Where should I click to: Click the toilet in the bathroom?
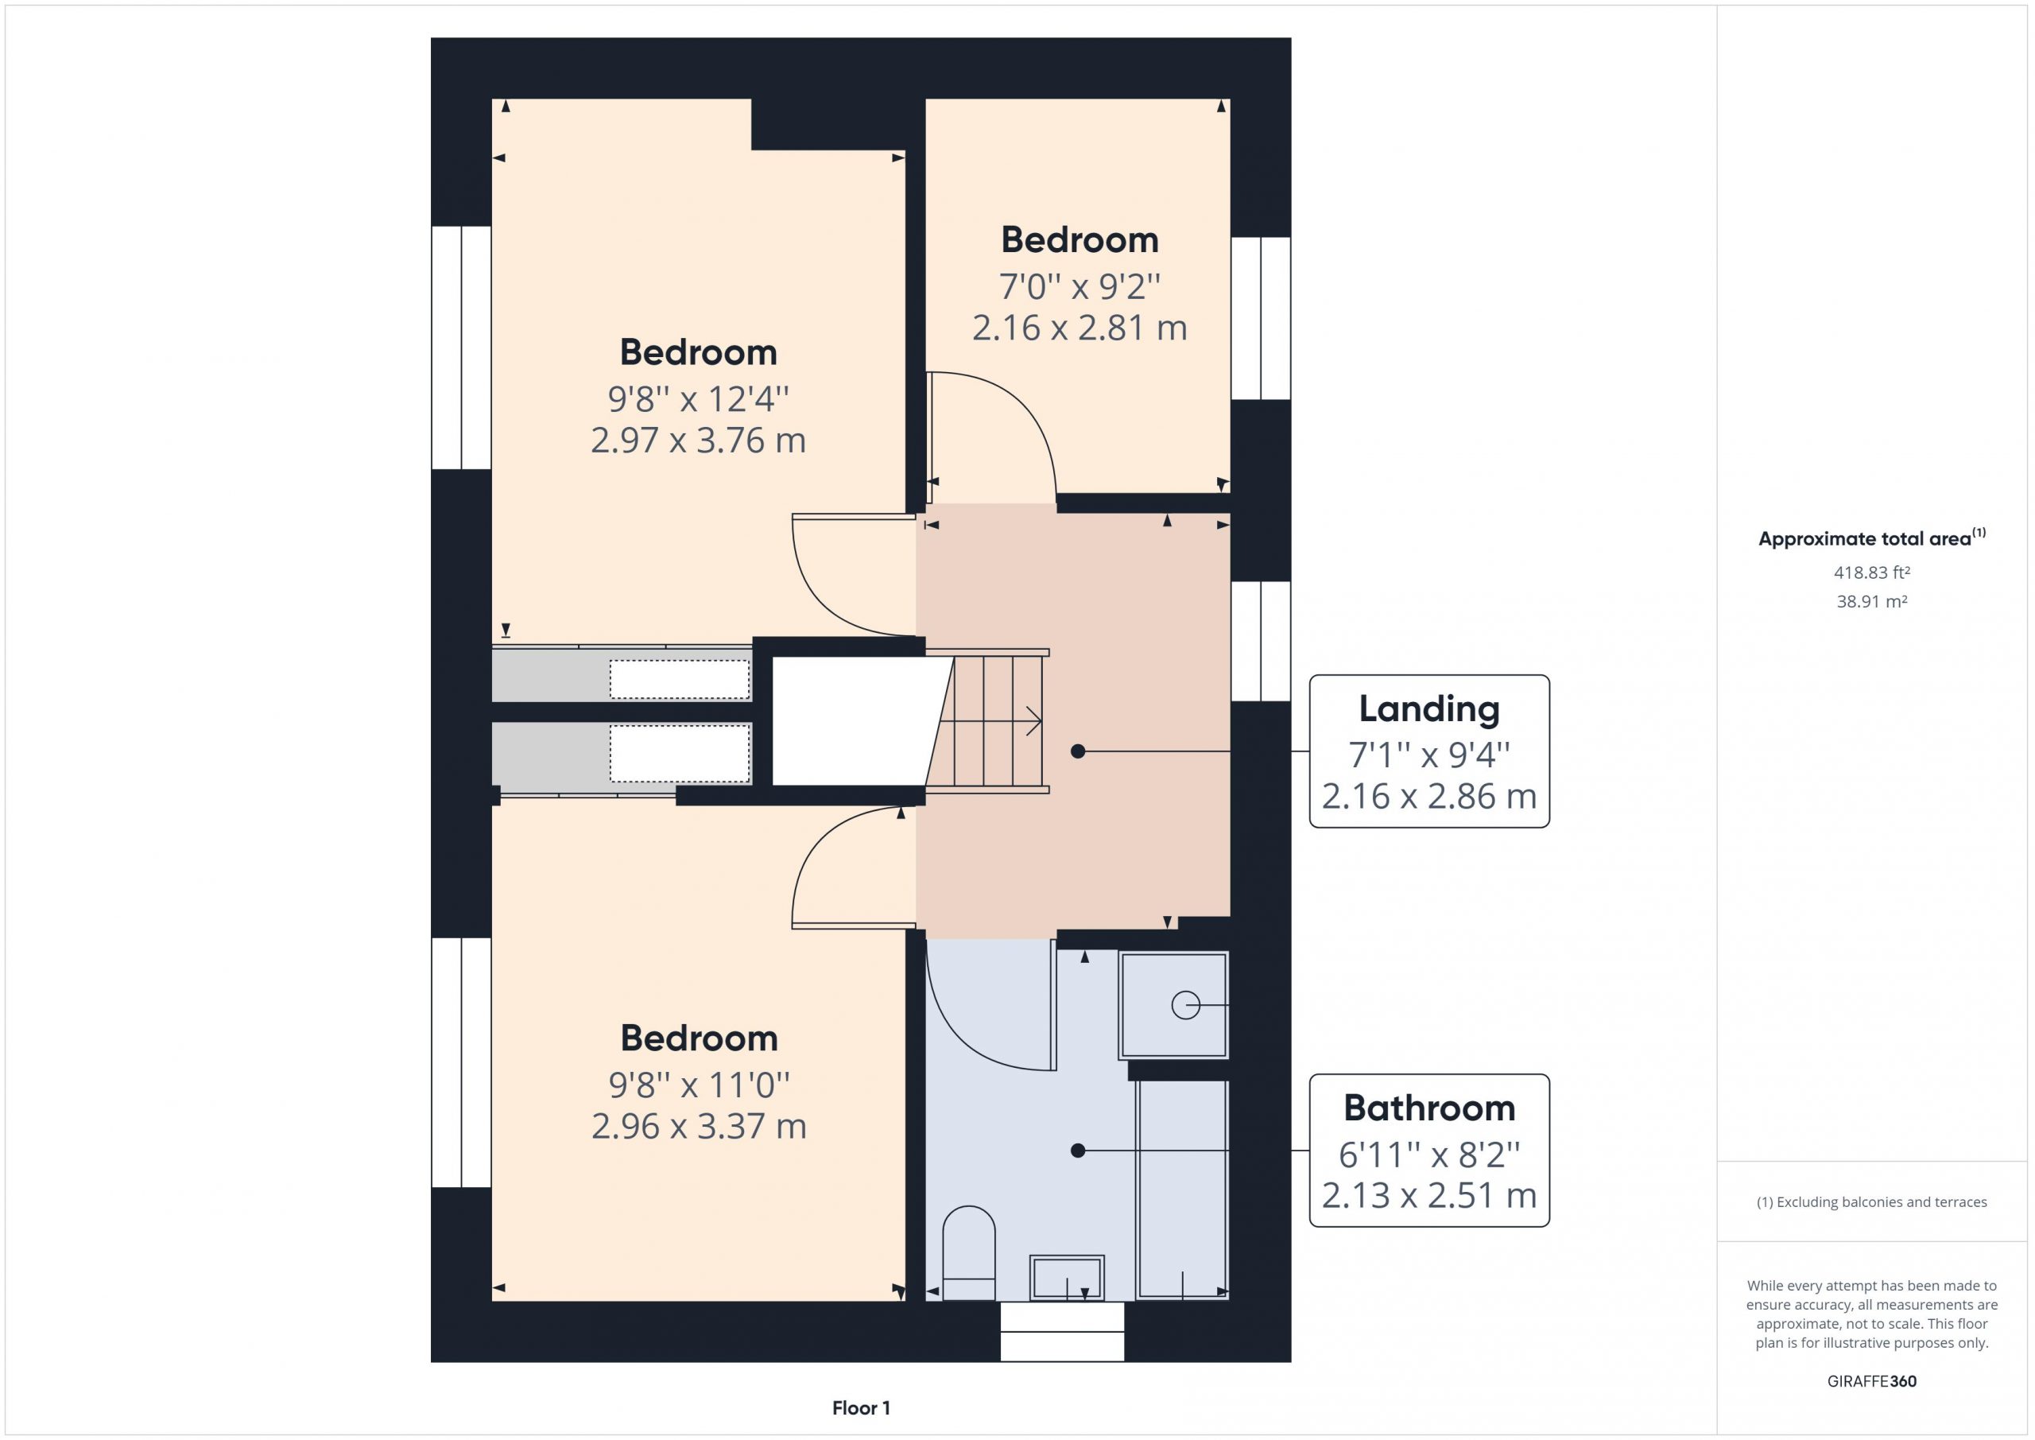pos(969,1253)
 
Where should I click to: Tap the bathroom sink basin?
pos(1066,1278)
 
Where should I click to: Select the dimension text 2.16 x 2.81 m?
pos(1080,328)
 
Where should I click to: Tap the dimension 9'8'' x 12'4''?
pos(699,399)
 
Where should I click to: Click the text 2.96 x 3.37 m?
pos(699,1126)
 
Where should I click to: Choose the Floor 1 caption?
pos(861,1407)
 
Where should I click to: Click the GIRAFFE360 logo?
pos(1872,1380)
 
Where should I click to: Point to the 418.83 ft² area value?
pos(1872,573)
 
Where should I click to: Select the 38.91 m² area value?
pos(1872,601)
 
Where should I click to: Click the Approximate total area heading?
pos(1872,538)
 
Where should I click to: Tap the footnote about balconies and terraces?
pos(1872,1201)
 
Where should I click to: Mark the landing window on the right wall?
pos(1261,640)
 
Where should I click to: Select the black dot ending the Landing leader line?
pos(1078,751)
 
